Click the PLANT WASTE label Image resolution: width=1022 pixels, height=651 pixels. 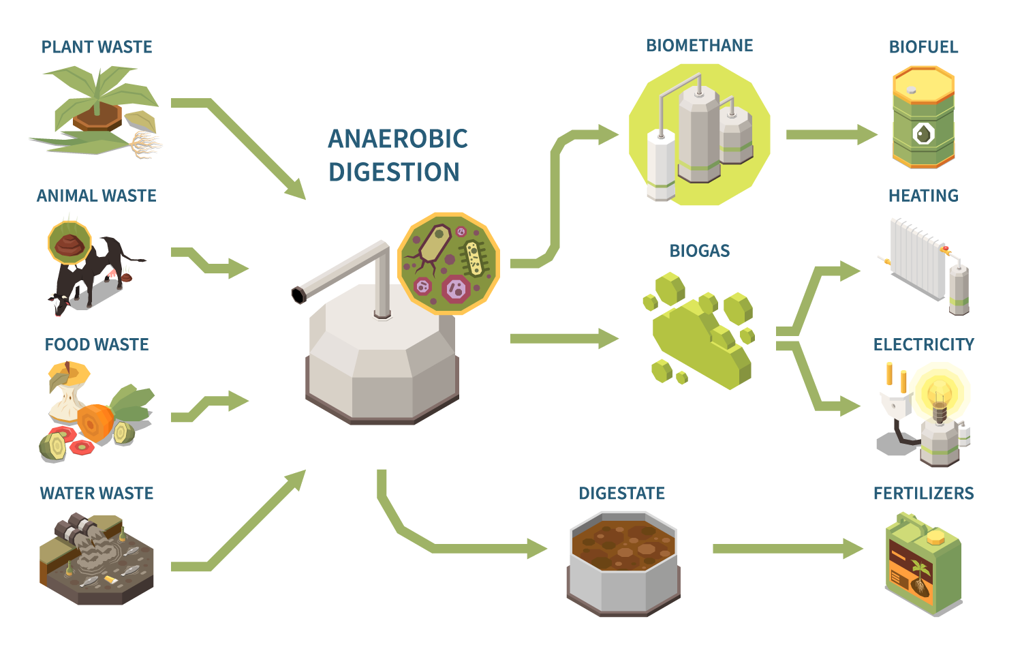tap(97, 47)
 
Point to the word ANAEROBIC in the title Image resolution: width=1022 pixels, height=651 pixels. tap(398, 139)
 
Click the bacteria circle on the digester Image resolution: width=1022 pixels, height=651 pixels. tap(448, 263)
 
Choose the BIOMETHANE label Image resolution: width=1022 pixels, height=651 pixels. tap(700, 46)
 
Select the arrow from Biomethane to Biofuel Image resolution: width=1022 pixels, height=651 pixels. tap(831, 135)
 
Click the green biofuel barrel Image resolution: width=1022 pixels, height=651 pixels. tap(923, 117)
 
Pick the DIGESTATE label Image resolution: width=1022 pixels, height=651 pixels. tap(621, 494)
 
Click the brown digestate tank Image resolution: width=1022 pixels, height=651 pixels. tap(623, 562)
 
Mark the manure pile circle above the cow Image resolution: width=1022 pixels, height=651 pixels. tap(69, 242)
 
